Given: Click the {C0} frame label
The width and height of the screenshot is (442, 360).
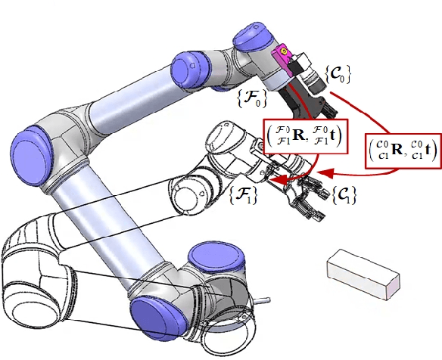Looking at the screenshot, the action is coord(338,75).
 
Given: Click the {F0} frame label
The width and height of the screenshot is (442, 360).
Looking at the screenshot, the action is coord(252,98).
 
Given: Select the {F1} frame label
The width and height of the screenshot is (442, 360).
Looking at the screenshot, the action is coord(244,194).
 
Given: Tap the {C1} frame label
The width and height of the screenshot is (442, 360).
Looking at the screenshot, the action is coord(344,194).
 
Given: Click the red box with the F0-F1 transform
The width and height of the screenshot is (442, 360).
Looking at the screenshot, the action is coord(305,136).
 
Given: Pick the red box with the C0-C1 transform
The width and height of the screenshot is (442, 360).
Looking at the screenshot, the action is coord(403,151).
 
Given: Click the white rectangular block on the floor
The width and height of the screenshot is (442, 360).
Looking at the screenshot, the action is coord(363,274).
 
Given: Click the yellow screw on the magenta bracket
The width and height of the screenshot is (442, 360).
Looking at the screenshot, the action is coord(284,51).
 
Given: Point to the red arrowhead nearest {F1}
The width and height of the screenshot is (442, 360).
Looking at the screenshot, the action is coord(278,180).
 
